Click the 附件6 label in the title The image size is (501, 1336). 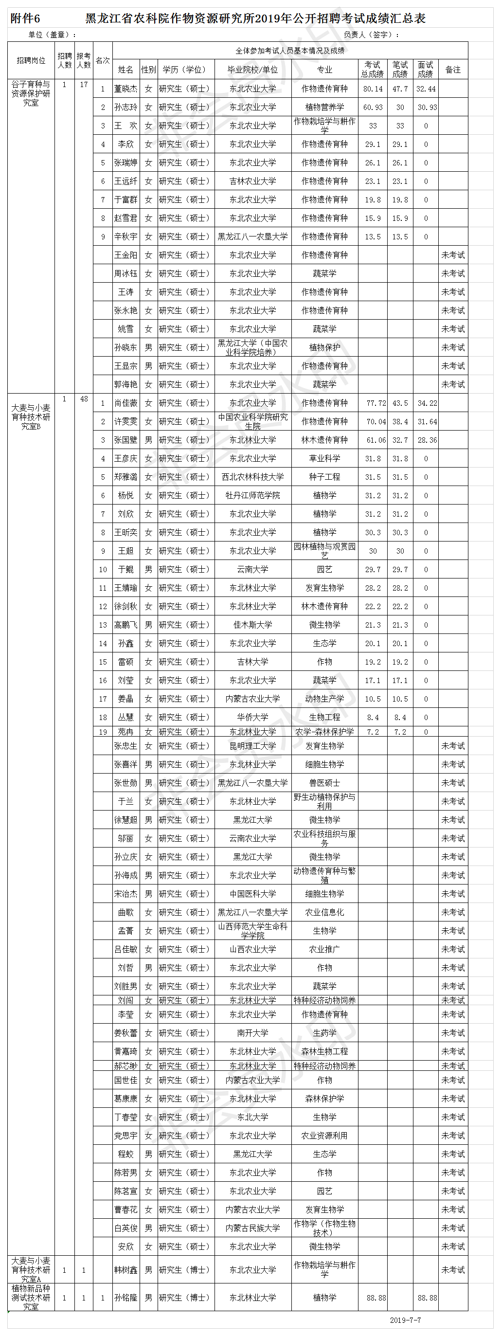(25, 18)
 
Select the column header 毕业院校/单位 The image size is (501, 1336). (252, 70)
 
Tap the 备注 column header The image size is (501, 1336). (453, 70)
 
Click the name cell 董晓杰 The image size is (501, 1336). (125, 89)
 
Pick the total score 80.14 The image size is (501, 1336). (373, 89)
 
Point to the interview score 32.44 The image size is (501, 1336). (426, 89)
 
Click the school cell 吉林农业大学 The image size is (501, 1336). (252, 181)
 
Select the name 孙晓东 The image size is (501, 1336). (125, 347)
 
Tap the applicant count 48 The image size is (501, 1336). (84, 399)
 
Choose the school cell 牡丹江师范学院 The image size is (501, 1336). (252, 495)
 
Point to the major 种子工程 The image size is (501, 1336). (324, 477)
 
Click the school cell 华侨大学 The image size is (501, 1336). (252, 717)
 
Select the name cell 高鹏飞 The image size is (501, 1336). (125, 625)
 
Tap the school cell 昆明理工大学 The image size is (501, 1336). (252, 746)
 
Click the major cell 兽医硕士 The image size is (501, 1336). (324, 783)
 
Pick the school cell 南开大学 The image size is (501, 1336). (252, 1032)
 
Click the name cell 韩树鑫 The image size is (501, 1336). (125, 1270)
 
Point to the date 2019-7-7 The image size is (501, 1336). (405, 1320)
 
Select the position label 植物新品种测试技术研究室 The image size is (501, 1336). (31, 1298)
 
